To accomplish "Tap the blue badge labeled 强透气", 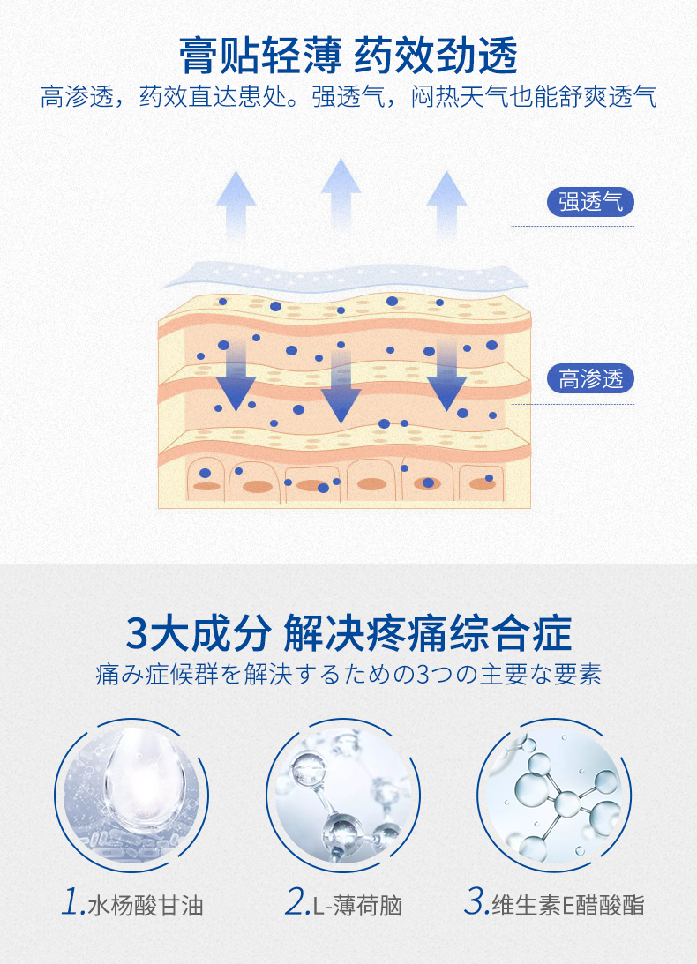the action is tap(590, 202).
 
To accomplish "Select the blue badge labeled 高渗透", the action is tap(590, 379).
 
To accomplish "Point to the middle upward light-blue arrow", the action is tap(341, 194).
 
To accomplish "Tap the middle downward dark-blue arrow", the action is tap(341, 388).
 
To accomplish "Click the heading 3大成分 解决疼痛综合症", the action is tap(348, 634).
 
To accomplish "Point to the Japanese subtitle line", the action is tap(348, 676).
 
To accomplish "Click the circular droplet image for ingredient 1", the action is tap(131, 788).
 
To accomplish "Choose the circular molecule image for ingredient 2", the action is tap(343, 788).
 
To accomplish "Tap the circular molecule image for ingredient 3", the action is tap(555, 788).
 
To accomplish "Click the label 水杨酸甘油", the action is tap(146, 905).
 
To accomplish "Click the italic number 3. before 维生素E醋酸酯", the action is tap(476, 903).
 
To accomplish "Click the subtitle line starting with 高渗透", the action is tap(348, 96).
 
